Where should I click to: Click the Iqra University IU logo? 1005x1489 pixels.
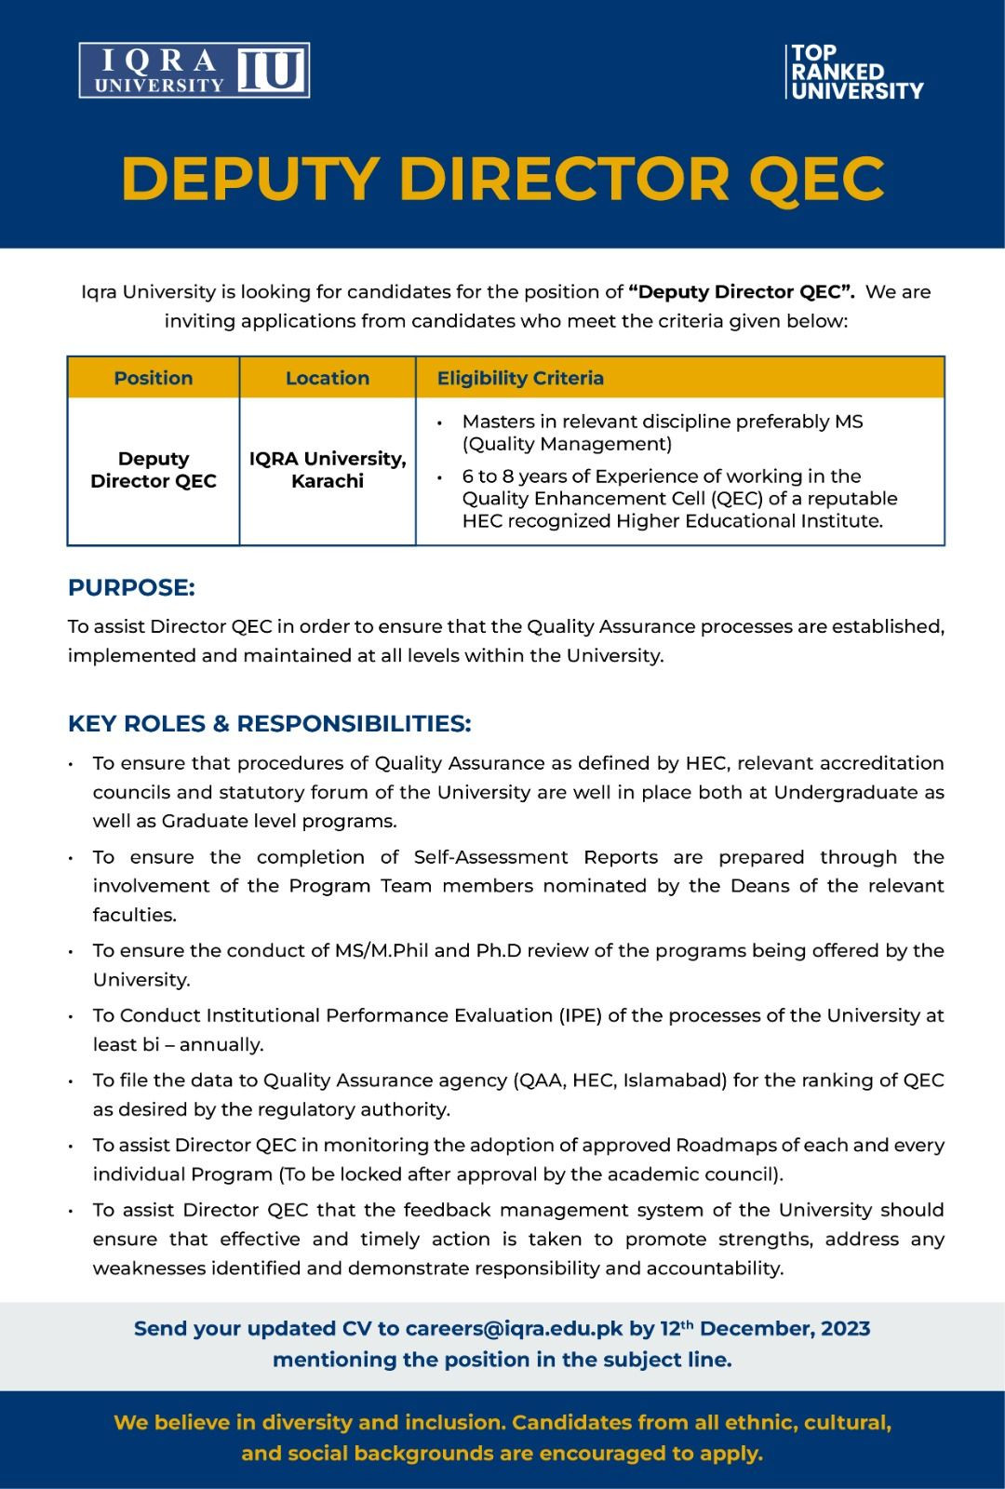coord(194,71)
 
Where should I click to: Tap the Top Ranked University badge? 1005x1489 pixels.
coord(853,72)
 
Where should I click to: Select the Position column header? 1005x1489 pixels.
coord(154,378)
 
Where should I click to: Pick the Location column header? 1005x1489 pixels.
coord(328,378)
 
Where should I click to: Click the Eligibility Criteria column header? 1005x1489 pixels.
coord(520,378)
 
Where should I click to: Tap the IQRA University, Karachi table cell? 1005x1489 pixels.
coord(328,470)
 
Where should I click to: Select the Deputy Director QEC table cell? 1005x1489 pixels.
coord(154,470)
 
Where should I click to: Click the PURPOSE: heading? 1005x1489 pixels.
coord(131,588)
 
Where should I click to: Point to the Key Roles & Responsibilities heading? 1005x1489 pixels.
coord(270,724)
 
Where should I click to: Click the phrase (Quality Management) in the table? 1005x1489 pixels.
coord(567,444)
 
